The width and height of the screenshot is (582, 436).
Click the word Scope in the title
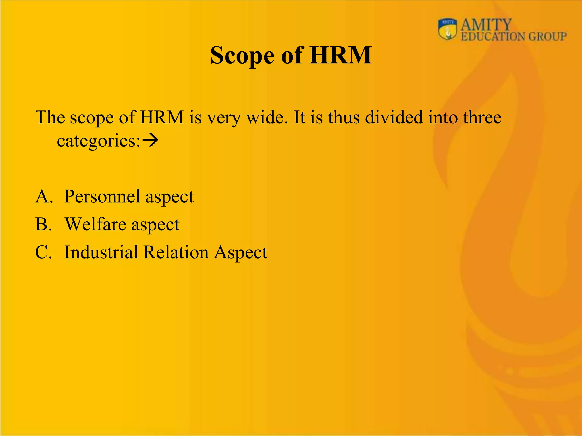point(242,56)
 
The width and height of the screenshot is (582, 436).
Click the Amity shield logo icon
point(448,30)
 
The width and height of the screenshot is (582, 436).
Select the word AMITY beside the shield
point(486,25)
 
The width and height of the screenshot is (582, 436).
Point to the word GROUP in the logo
point(547,37)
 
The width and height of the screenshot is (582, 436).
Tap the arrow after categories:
point(150,140)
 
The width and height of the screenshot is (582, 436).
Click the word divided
point(394,117)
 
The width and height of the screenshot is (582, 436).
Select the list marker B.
point(43,224)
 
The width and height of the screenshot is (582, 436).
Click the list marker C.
point(43,252)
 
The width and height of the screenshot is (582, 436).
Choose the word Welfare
point(95,224)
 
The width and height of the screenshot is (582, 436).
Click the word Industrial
point(101,252)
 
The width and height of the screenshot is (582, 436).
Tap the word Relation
point(176,252)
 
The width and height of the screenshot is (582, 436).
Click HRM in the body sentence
point(162,117)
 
